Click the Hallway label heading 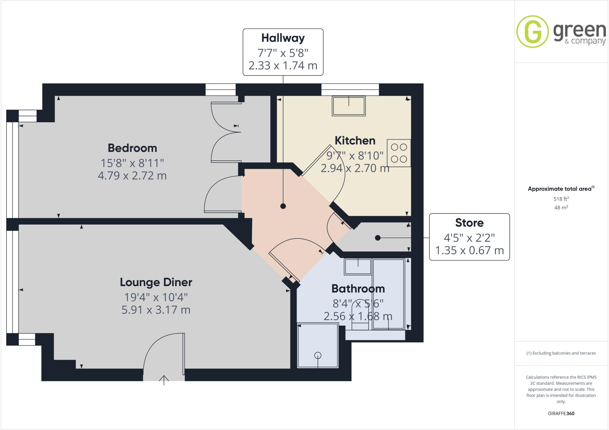click(x=283, y=38)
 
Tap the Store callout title click(x=469, y=223)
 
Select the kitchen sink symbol click(x=349, y=106)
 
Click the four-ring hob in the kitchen click(x=399, y=153)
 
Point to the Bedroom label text click(x=132, y=148)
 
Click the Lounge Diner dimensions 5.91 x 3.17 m click(x=156, y=310)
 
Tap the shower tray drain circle click(x=318, y=355)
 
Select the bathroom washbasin click(x=358, y=266)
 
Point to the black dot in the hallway click(x=283, y=206)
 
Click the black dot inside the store click(x=378, y=238)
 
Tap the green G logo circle click(x=532, y=32)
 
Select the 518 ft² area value click(x=561, y=199)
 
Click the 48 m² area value click(x=561, y=208)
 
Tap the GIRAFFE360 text click(x=561, y=413)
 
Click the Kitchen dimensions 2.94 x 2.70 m click(x=355, y=168)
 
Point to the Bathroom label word click(x=358, y=288)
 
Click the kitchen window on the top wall click(x=350, y=90)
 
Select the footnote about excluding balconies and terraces click(x=561, y=353)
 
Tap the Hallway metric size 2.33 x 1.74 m click(x=283, y=65)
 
